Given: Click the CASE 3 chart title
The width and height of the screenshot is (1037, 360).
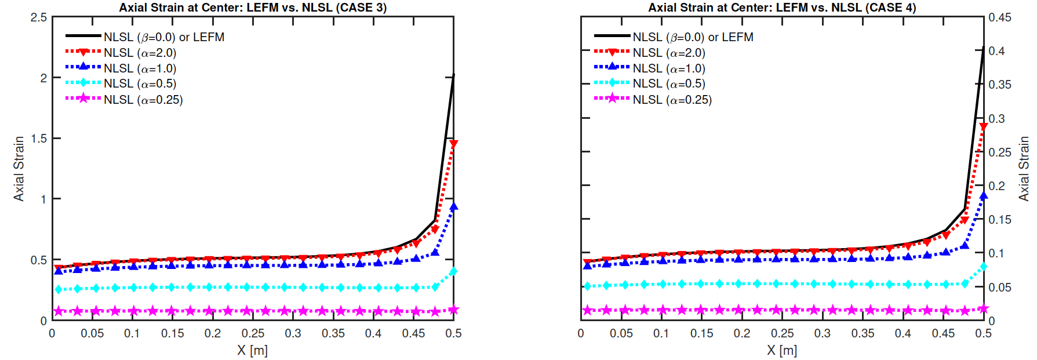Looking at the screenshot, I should pyautogui.click(x=253, y=8).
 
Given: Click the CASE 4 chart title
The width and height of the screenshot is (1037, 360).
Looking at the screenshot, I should pyautogui.click(x=782, y=8).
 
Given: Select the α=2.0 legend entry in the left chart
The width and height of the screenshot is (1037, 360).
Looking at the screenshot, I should pyautogui.click(x=140, y=53).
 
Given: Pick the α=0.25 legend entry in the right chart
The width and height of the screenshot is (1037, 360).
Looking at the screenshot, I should pyautogui.click(x=672, y=100).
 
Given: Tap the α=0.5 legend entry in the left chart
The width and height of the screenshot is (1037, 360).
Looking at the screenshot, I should pyautogui.click(x=140, y=84).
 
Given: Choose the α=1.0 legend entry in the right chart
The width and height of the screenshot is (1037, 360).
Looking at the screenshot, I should pyautogui.click(x=669, y=68).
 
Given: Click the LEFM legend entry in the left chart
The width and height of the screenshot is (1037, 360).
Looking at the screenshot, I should pyautogui.click(x=164, y=37).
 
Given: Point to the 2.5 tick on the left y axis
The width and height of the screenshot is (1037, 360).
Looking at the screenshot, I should pyautogui.click(x=39, y=17).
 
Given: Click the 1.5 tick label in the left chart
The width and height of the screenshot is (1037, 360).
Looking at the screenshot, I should pyautogui.click(x=39, y=139).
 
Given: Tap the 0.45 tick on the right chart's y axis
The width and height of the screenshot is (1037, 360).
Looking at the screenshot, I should pyautogui.click(x=1000, y=17).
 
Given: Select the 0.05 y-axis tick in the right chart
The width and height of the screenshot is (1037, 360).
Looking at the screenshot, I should pyautogui.click(x=1000, y=288).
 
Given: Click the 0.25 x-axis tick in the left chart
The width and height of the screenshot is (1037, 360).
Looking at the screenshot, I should pyautogui.click(x=253, y=333).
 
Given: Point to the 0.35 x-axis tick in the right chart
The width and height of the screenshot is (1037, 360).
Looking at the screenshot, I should pyautogui.click(x=863, y=333).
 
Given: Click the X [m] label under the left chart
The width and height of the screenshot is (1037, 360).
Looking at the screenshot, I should pyautogui.click(x=252, y=350).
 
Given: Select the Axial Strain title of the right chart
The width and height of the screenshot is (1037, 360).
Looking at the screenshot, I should pyautogui.click(x=1024, y=169).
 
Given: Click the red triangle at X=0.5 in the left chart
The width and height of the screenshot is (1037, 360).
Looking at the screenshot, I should pyautogui.click(x=453, y=144).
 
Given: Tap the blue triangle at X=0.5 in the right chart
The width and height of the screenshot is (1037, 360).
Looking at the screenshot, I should pyautogui.click(x=983, y=195).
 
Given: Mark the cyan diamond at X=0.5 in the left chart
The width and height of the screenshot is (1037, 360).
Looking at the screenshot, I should pyautogui.click(x=453, y=271).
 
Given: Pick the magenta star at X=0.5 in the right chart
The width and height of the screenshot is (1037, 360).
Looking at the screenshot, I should pyautogui.click(x=983, y=308).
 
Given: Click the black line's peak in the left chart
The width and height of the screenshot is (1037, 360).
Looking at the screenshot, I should pyautogui.click(x=453, y=75).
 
